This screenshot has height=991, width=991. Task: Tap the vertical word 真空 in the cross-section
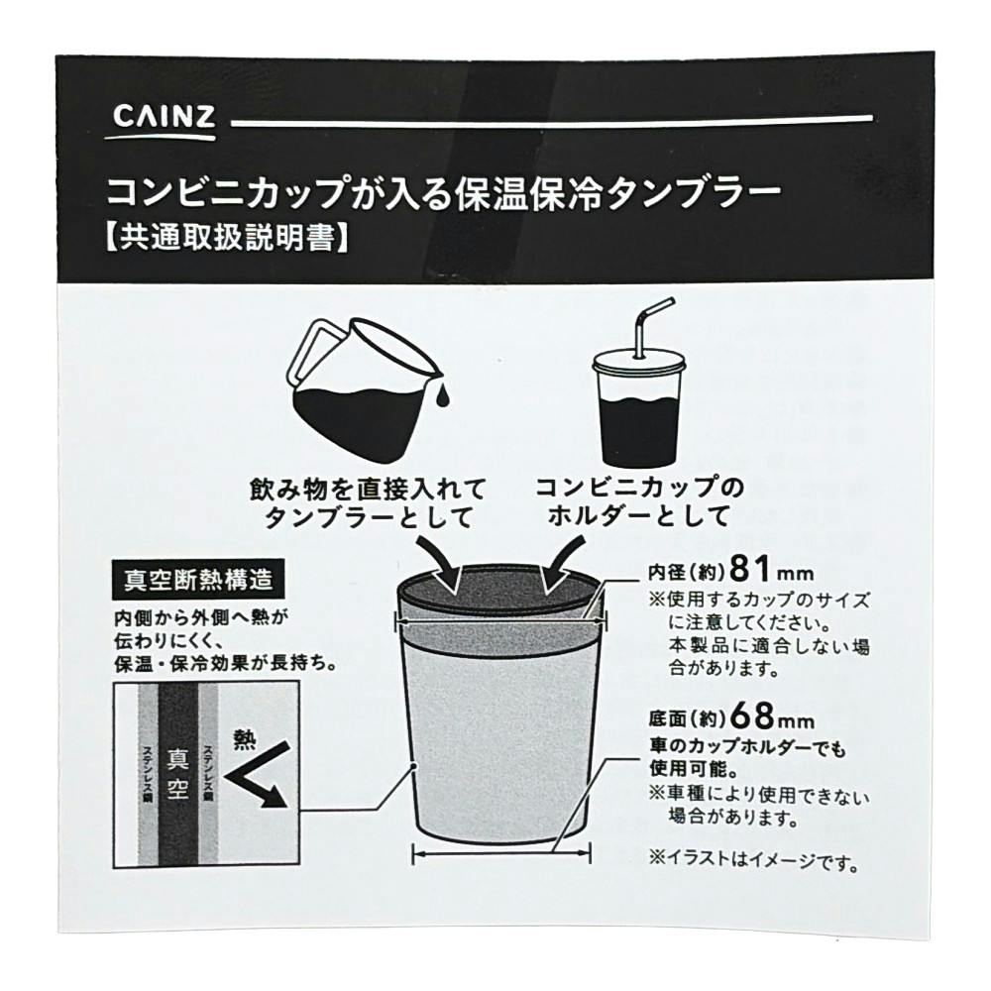177,774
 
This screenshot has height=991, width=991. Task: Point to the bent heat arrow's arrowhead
272,798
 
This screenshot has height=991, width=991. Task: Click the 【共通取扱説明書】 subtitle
226,239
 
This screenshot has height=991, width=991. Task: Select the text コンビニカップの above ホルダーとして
639,488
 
